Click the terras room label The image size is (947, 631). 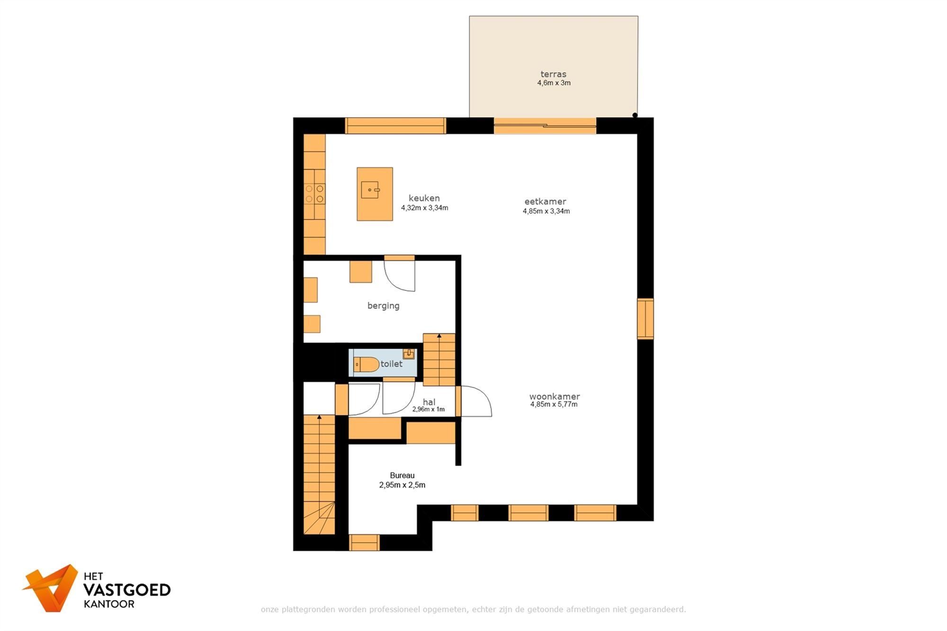click(x=554, y=74)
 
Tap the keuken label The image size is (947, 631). click(x=424, y=198)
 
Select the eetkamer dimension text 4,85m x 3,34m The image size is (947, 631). click(x=546, y=211)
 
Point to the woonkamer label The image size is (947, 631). click(x=554, y=397)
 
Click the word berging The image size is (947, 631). click(x=384, y=306)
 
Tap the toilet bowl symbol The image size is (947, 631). click(x=366, y=364)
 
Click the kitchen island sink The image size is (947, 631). click(x=370, y=190)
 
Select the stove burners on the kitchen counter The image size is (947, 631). click(x=314, y=194)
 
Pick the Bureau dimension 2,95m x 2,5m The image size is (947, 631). click(x=402, y=485)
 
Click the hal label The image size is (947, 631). click(x=429, y=402)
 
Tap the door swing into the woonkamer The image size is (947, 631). click(x=476, y=401)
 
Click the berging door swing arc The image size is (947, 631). click(x=399, y=276)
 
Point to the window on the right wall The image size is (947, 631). click(x=645, y=319)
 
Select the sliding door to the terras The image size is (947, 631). click(x=545, y=126)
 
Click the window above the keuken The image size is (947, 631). click(x=395, y=126)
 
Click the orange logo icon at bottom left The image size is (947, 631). click(x=51, y=587)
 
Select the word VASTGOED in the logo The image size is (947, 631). click(x=127, y=590)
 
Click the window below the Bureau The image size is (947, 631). click(x=364, y=542)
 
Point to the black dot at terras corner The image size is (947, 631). click(x=635, y=115)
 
